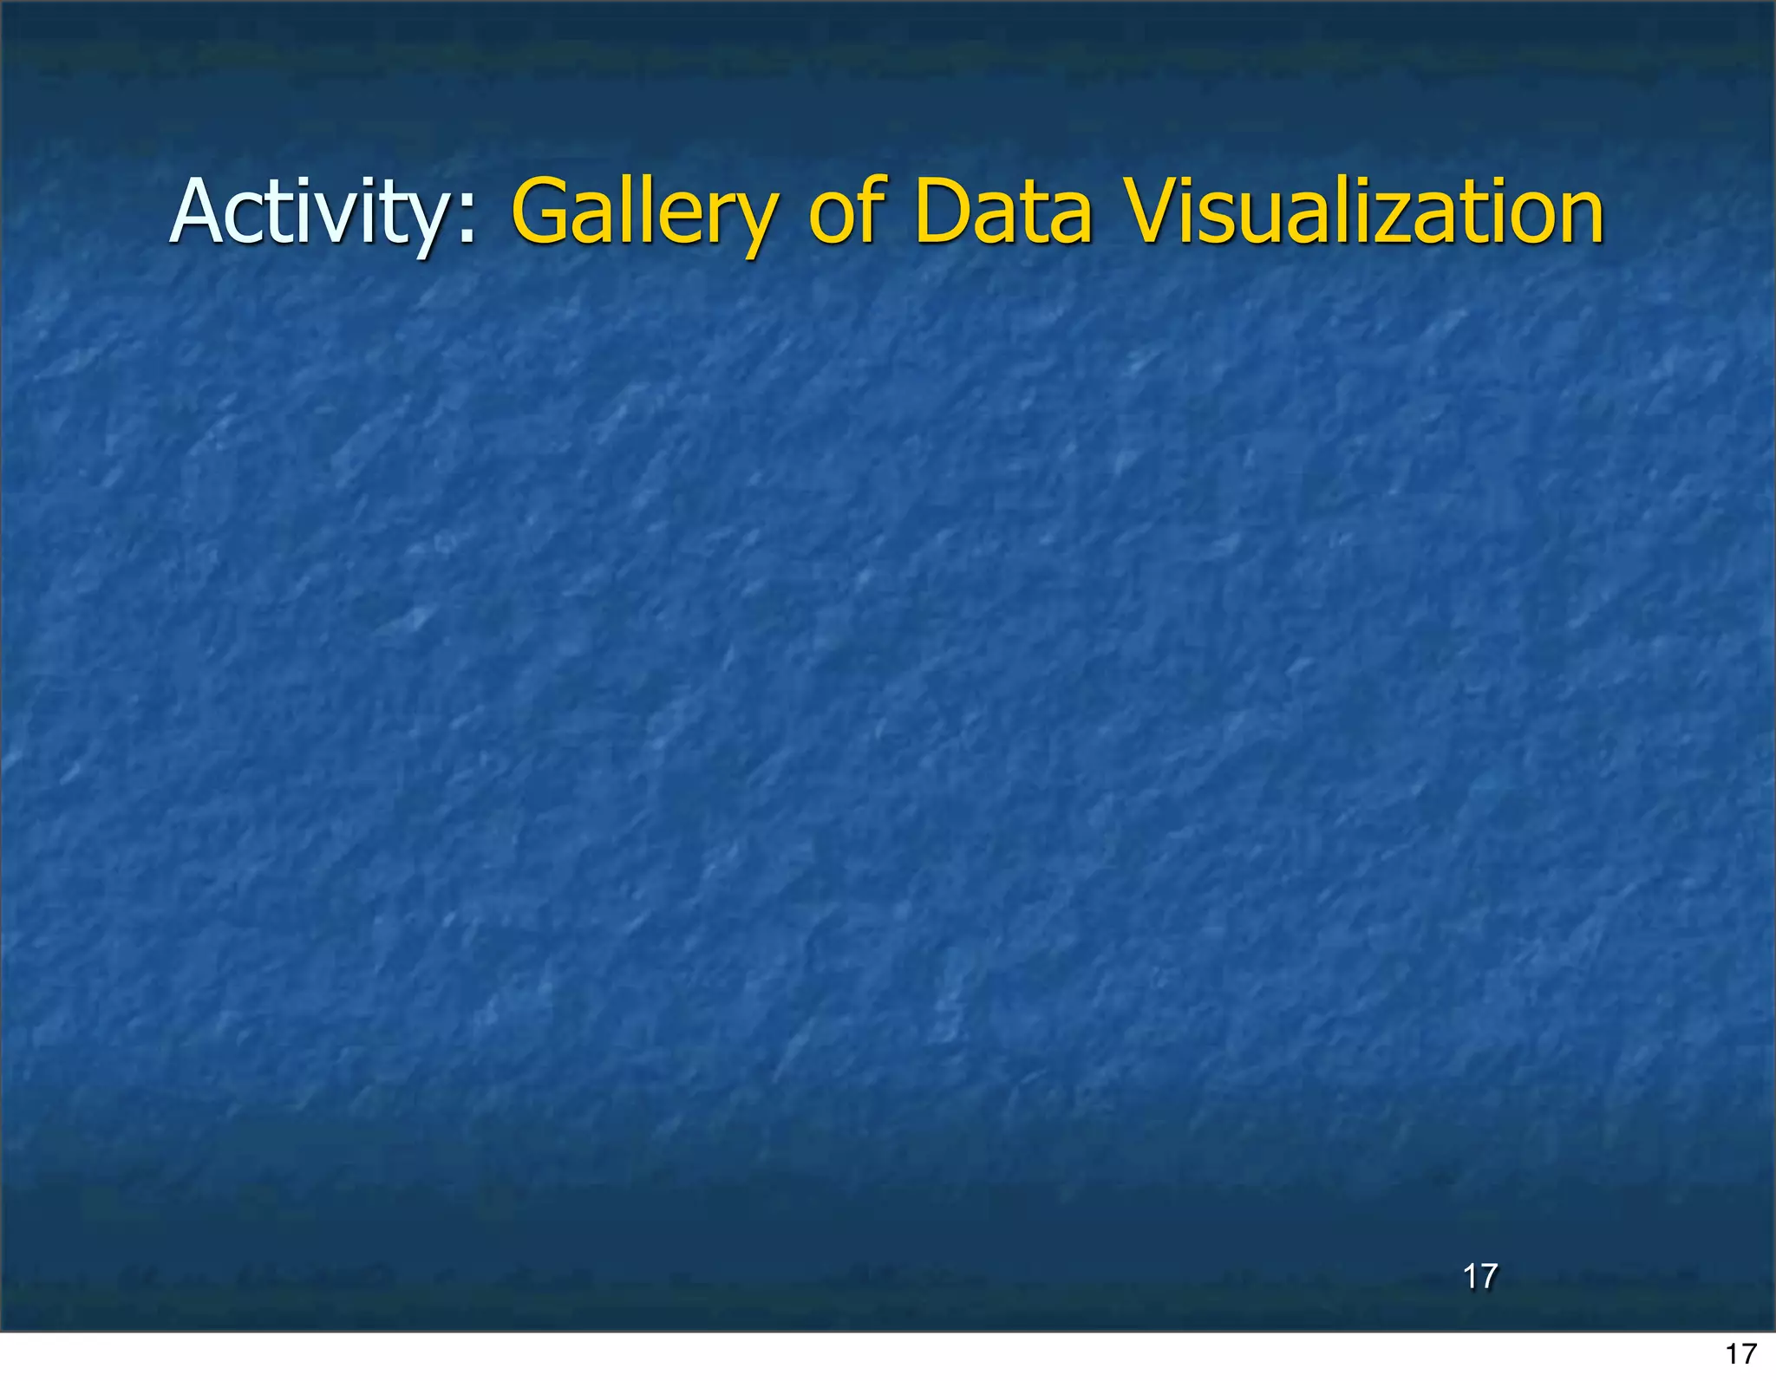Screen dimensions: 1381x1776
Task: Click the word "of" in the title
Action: [846, 212]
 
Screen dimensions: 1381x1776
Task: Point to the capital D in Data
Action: [946, 212]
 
